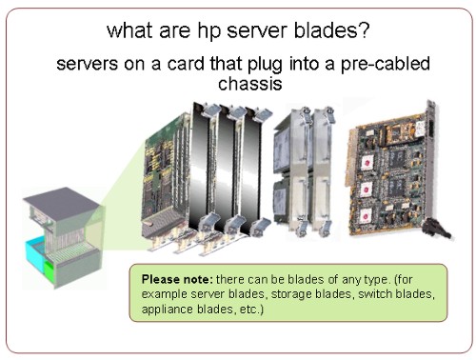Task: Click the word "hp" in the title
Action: [208, 31]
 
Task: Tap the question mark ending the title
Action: [364, 30]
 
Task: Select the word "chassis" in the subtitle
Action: [250, 83]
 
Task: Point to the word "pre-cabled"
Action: [386, 64]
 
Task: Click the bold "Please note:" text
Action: [177, 279]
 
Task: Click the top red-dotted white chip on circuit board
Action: [367, 163]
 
